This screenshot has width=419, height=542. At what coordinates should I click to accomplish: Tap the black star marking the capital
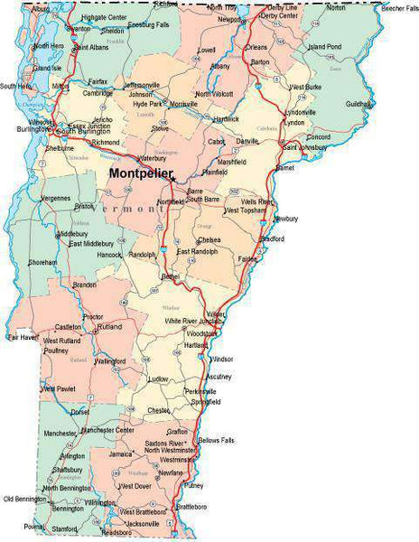point(172,179)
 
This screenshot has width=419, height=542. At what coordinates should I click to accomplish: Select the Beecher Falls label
point(398,8)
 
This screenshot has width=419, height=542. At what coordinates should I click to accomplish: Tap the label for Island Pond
point(324,46)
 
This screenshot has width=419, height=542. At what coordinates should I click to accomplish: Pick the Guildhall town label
point(358,104)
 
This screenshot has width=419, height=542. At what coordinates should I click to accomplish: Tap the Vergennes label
point(55,197)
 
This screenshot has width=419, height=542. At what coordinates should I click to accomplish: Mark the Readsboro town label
point(116,533)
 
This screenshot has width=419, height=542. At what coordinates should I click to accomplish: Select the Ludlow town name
point(159,378)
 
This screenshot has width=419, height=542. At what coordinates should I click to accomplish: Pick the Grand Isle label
point(47,68)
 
